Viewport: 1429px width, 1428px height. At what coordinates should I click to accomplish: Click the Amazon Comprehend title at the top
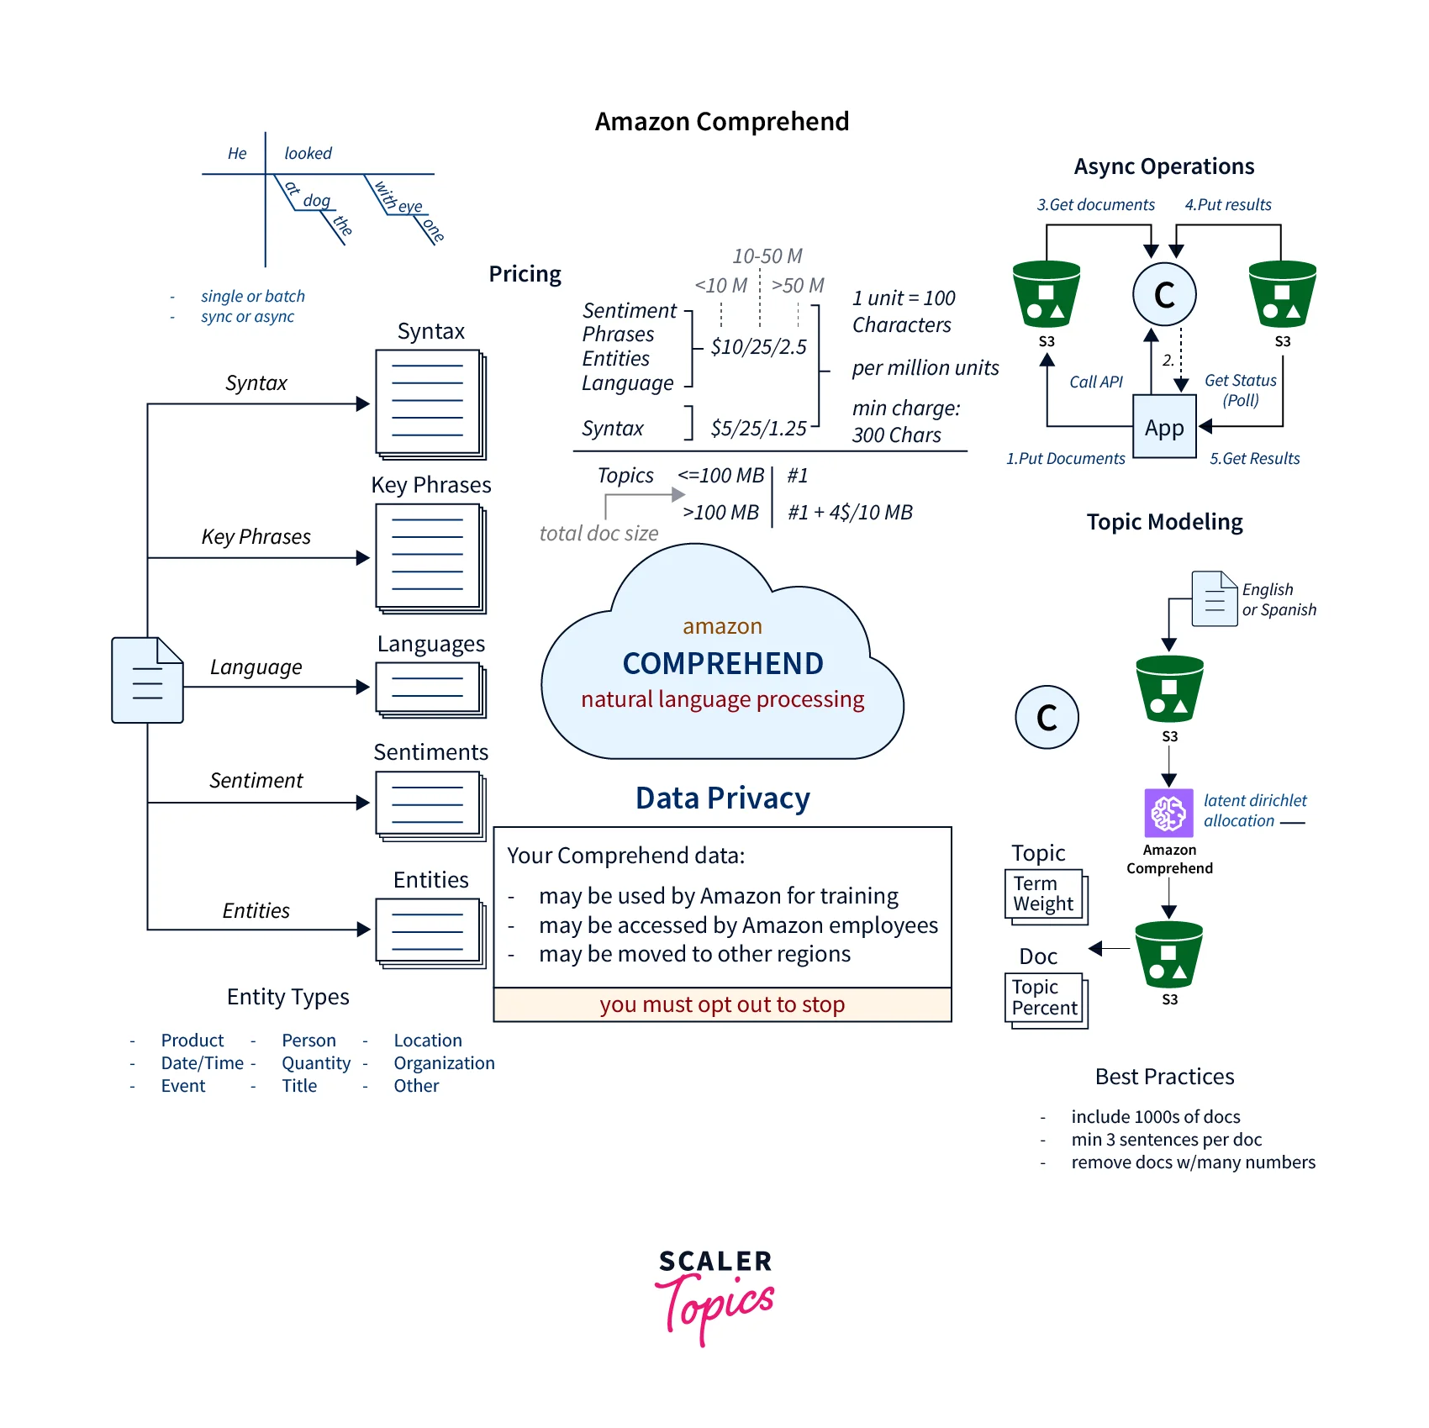[x=722, y=122]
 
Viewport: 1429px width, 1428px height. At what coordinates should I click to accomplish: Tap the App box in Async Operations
[x=1164, y=428]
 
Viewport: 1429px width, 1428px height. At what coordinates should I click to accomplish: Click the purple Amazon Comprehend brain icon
[x=1168, y=813]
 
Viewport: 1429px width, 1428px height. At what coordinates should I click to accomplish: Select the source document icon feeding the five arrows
[x=147, y=680]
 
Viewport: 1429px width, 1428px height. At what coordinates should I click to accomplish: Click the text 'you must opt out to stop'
[x=722, y=1004]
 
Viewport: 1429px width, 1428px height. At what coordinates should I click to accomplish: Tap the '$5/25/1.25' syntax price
[x=758, y=429]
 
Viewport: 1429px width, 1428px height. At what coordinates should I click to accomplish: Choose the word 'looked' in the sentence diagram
[x=308, y=153]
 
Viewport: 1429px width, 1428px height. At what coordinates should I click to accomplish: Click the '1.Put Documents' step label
[x=1065, y=458]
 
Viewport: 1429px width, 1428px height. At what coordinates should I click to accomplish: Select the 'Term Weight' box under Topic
[x=1045, y=894]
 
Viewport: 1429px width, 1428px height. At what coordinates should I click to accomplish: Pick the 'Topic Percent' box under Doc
[x=1045, y=998]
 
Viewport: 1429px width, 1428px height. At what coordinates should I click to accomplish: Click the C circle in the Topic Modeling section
[x=1047, y=717]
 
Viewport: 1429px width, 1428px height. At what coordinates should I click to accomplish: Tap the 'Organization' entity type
[x=444, y=1063]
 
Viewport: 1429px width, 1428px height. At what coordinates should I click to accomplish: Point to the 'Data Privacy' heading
[x=722, y=798]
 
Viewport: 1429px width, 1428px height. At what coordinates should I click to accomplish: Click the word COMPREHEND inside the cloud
[x=723, y=663]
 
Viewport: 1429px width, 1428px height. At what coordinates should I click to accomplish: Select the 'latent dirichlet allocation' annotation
[x=1254, y=810]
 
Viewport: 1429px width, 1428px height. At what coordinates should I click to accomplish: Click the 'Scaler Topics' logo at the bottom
[x=715, y=1295]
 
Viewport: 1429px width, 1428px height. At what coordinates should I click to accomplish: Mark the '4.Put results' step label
[x=1228, y=204]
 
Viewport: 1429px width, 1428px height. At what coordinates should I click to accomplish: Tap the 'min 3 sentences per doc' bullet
[x=1166, y=1140]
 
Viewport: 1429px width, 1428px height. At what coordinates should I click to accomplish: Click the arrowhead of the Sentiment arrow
[x=363, y=803]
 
